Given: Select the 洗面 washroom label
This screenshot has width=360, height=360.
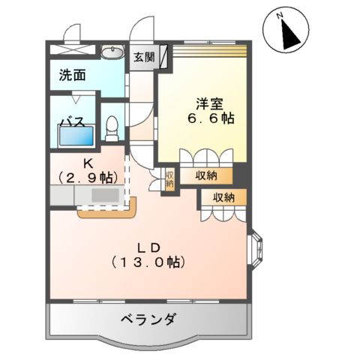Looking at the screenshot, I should (x=73, y=76).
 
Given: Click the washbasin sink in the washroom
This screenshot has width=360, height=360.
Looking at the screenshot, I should (x=112, y=52).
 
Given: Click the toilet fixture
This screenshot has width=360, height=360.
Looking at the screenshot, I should (x=113, y=128).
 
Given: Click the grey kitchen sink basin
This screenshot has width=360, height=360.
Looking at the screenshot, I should (x=105, y=196).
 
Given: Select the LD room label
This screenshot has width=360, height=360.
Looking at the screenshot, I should (x=145, y=248).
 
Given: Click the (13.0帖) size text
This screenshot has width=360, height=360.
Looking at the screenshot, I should (x=145, y=263).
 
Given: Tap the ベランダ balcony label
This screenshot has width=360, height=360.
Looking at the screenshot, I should (x=148, y=320).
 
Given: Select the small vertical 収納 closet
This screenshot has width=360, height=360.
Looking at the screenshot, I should (x=169, y=179).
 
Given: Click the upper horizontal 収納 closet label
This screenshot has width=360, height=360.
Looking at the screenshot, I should (x=207, y=175).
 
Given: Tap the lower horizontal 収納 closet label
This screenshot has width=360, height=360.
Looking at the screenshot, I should (x=222, y=197).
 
